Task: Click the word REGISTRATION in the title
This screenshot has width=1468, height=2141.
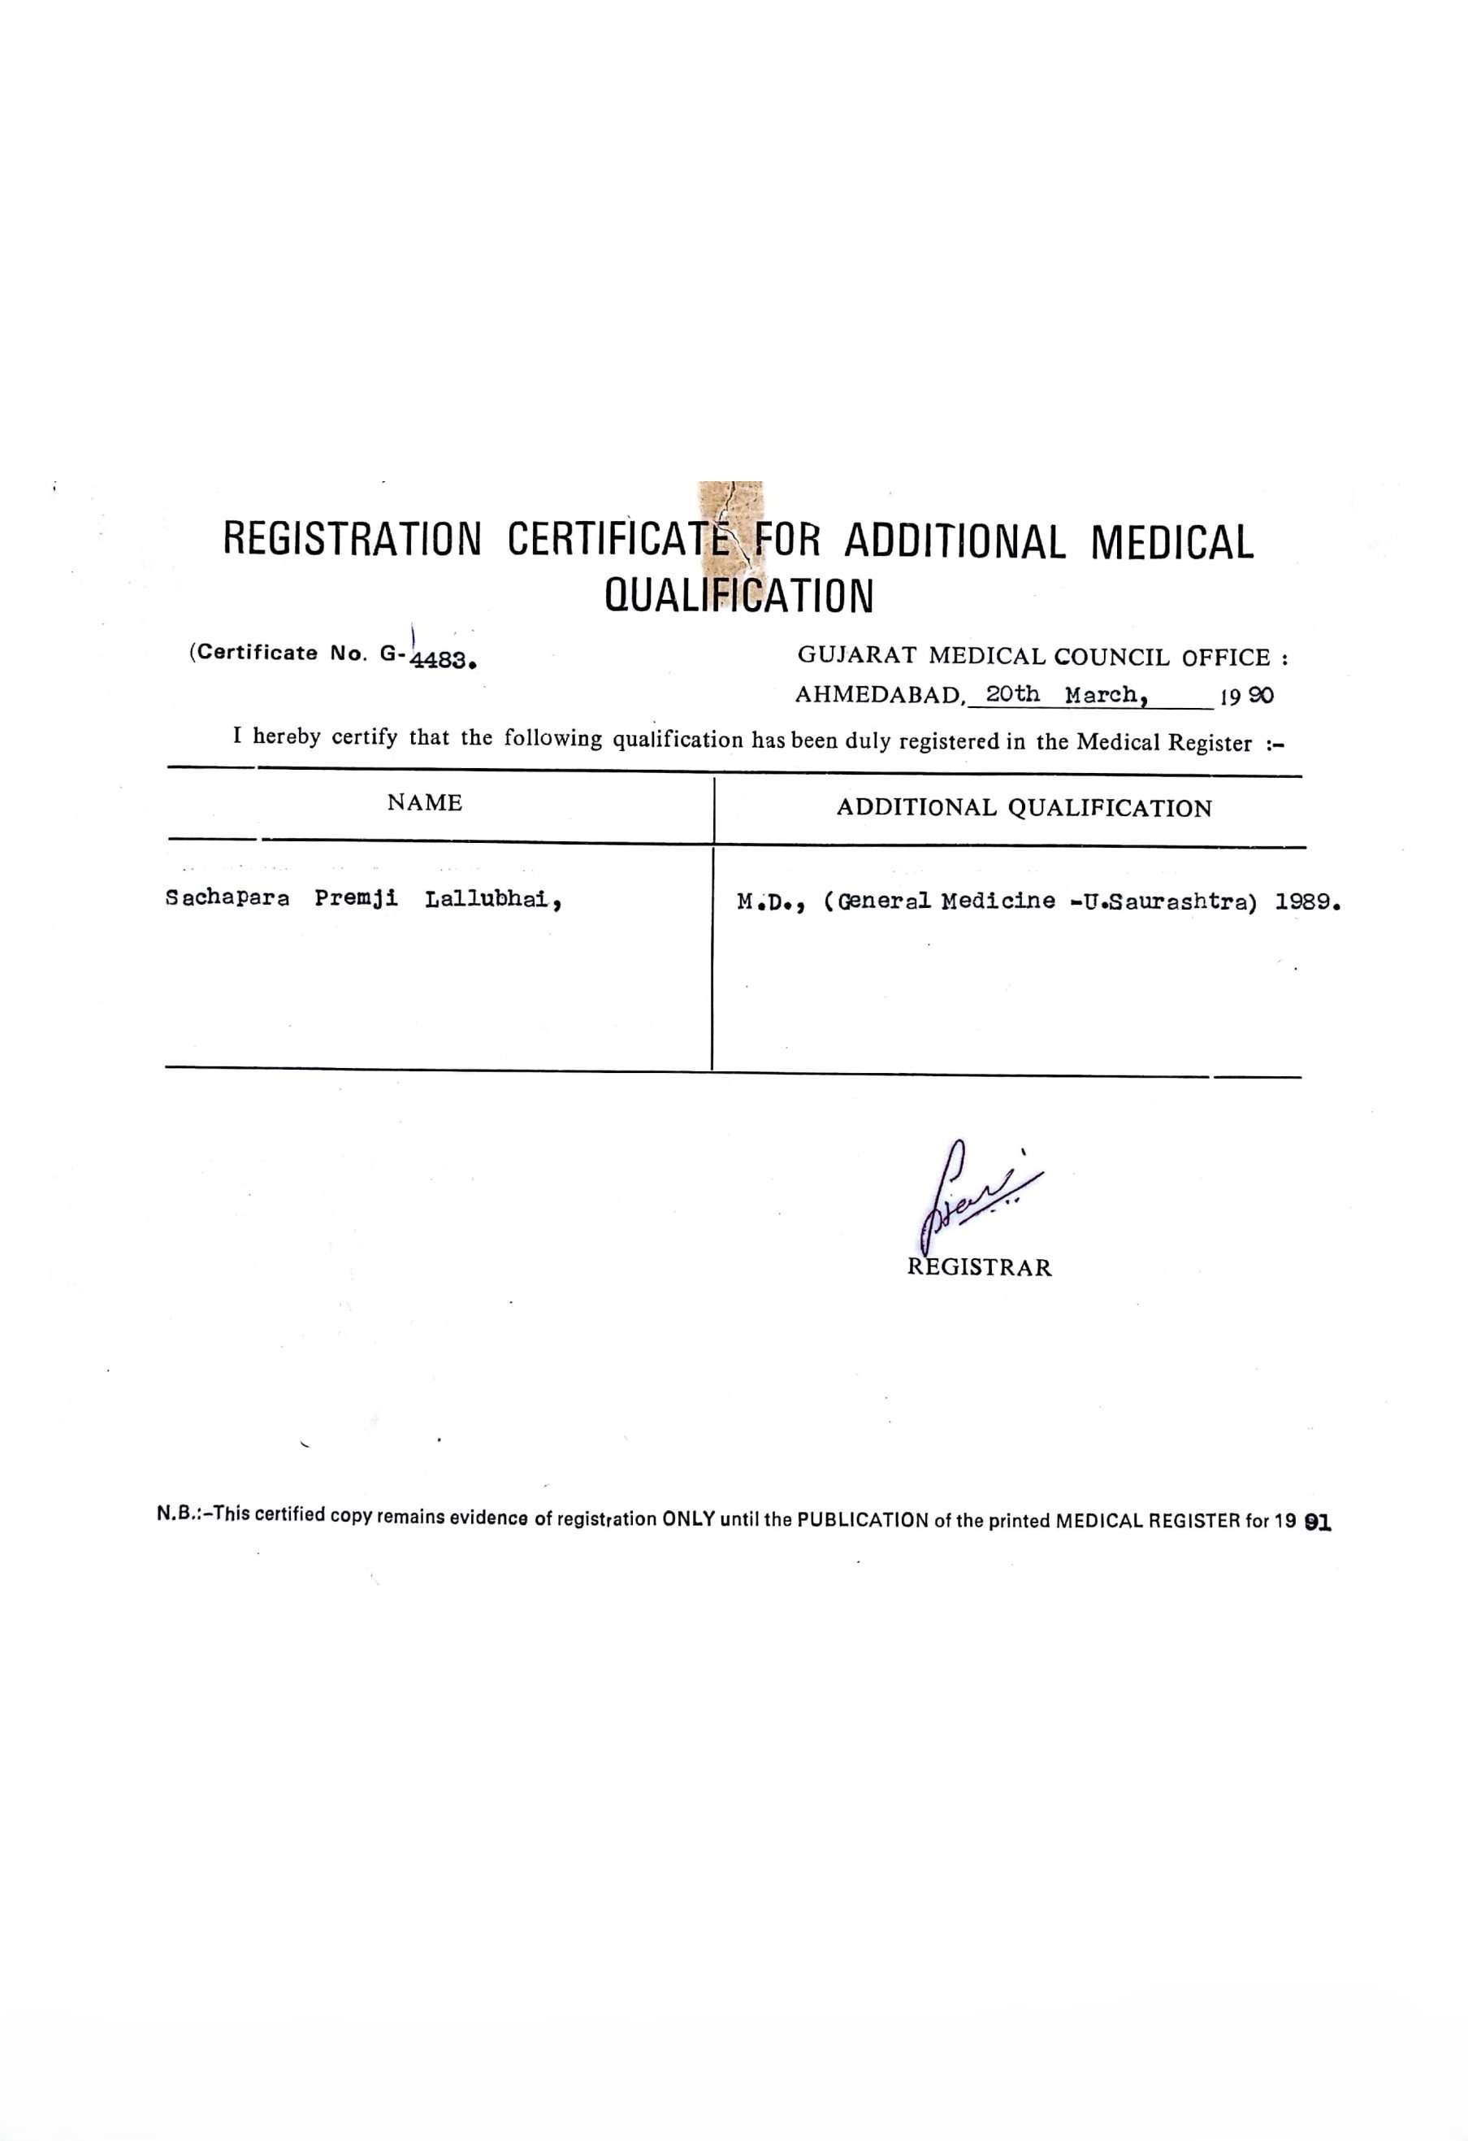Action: (x=352, y=539)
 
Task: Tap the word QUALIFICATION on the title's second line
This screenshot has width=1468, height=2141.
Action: (x=738, y=596)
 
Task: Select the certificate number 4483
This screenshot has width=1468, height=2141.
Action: (x=442, y=660)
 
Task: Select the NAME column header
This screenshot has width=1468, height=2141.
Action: (x=425, y=802)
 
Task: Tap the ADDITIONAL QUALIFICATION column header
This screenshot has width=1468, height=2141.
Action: (x=1024, y=808)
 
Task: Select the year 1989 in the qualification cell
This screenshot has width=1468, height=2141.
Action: (x=1305, y=903)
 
